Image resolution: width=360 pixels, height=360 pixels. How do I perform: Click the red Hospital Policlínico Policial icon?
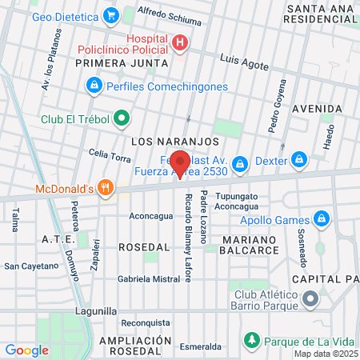(181, 42)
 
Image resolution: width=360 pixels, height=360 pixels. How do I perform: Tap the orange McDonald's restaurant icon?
(105, 190)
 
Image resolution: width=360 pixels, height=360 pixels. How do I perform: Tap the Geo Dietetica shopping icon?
(110, 14)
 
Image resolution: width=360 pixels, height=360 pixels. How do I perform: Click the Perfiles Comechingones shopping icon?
(94, 86)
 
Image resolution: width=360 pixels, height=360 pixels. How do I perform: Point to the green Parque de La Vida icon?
(251, 340)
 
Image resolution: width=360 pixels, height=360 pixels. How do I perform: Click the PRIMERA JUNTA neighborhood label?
(122, 62)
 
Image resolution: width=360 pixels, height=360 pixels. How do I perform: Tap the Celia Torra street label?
(110, 155)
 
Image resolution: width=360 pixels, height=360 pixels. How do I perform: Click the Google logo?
(26, 350)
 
